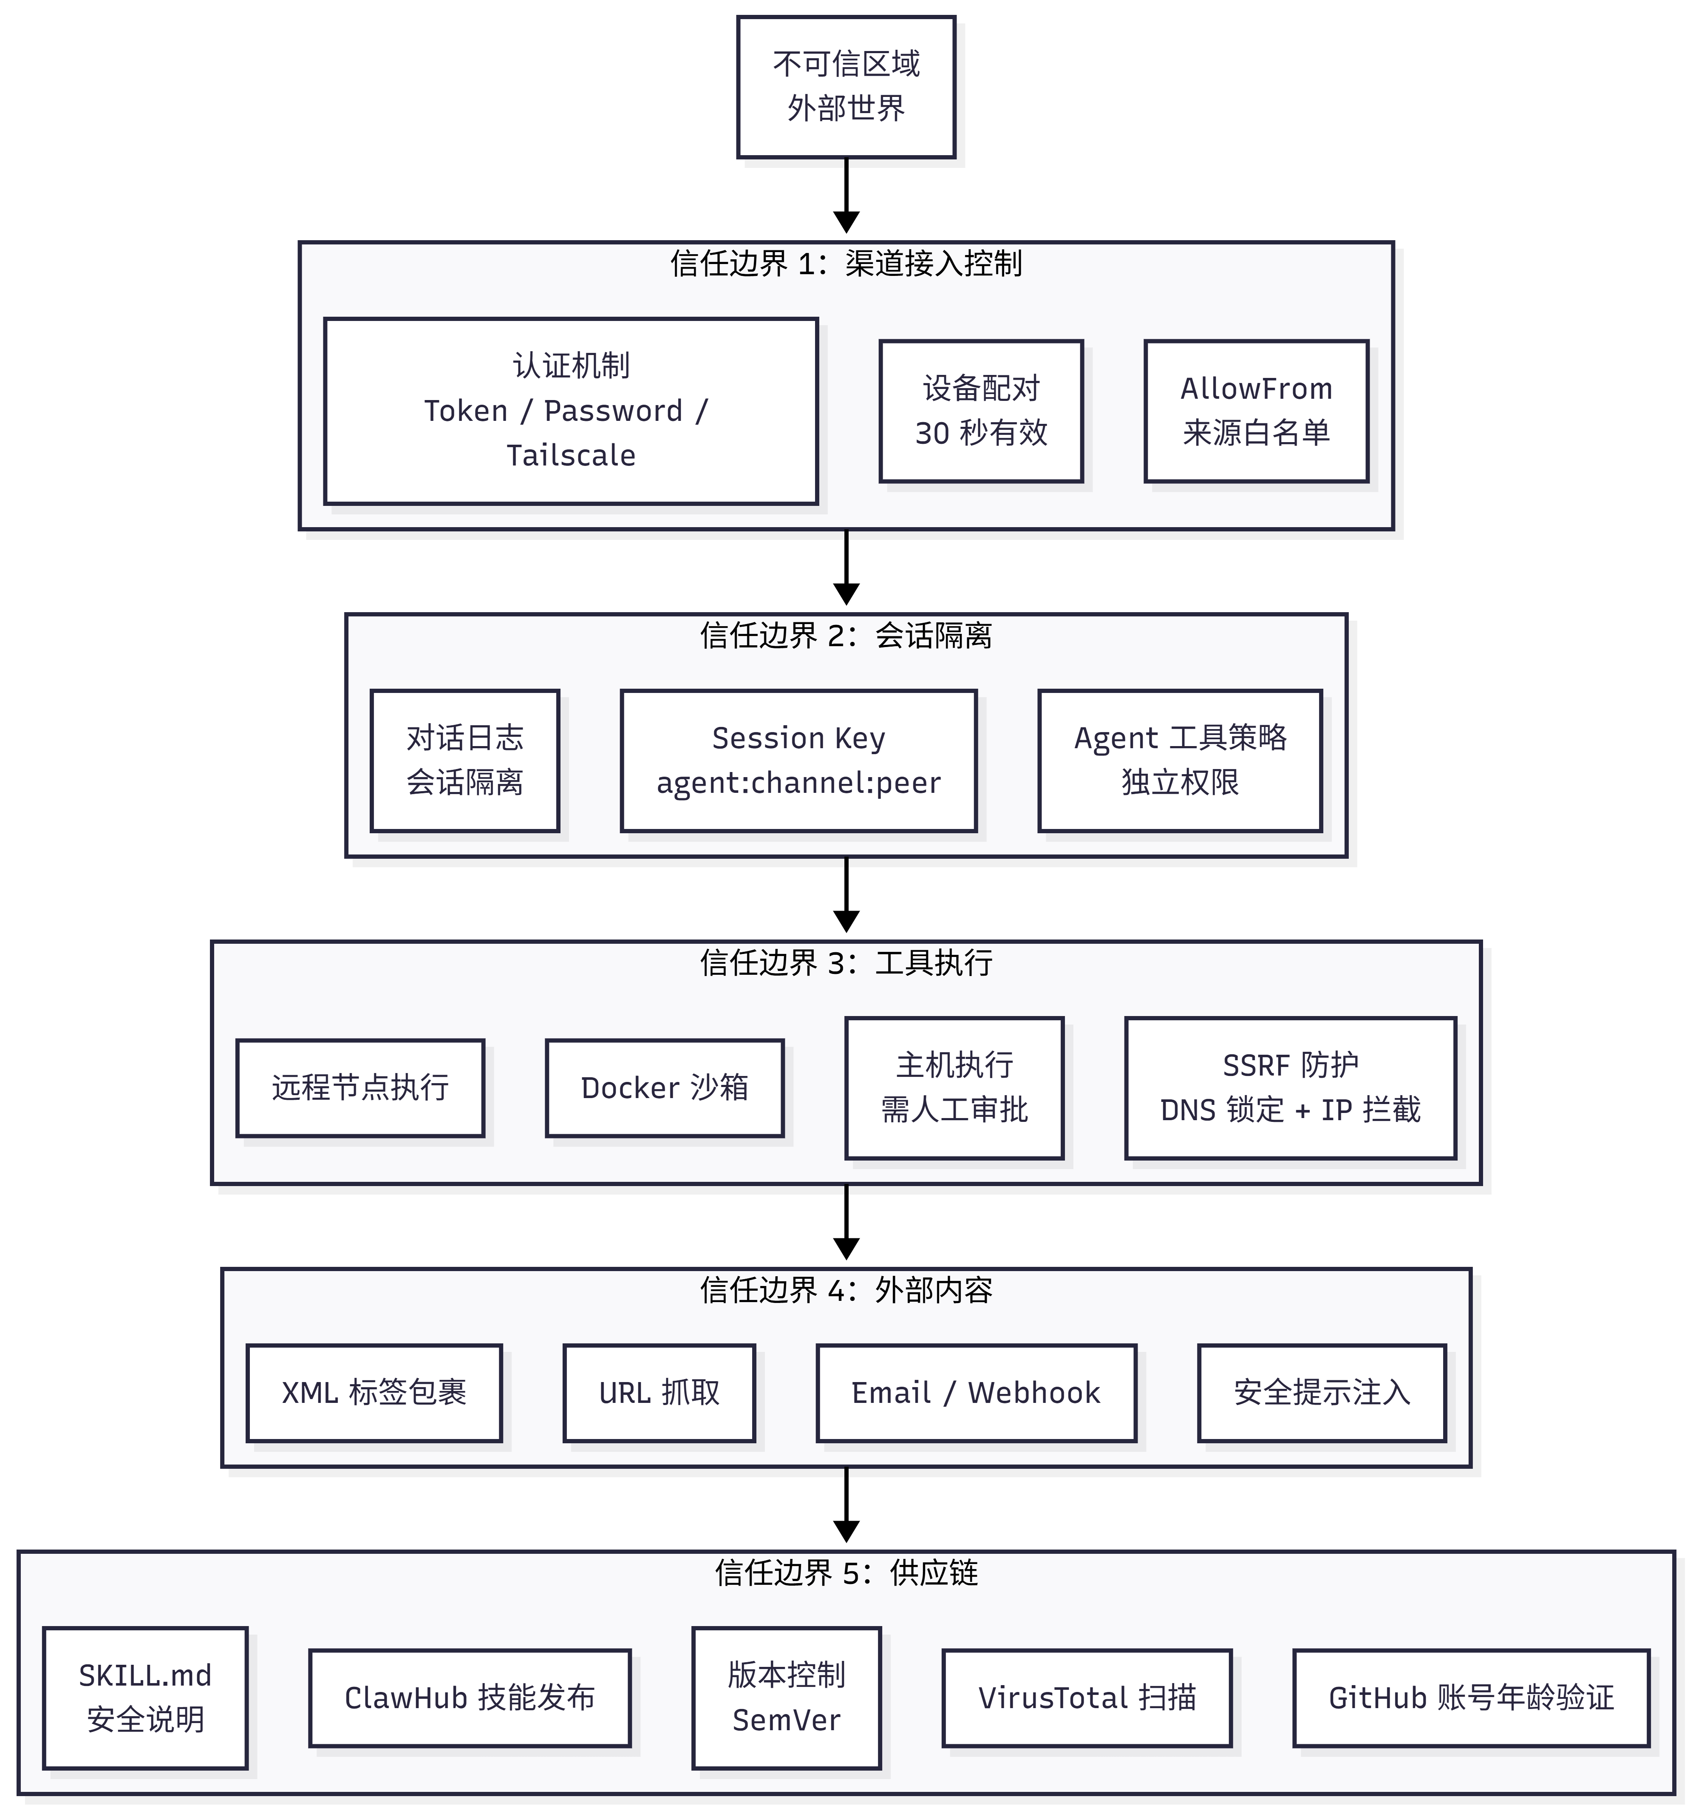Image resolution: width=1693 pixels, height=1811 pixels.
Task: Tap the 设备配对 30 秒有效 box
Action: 981,411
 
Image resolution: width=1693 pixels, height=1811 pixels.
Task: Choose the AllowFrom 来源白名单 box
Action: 1256,411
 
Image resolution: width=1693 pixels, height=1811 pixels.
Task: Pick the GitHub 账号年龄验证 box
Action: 1471,1698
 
